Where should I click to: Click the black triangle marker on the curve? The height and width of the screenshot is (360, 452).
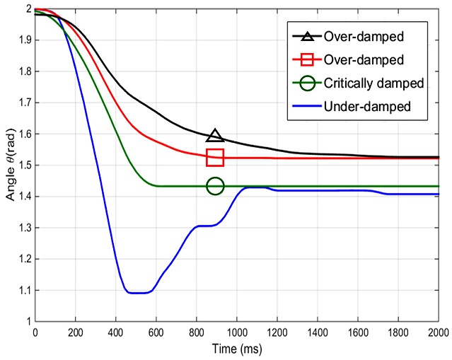216,136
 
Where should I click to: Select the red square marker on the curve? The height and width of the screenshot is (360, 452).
215,157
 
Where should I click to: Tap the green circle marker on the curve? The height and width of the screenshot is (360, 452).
215,186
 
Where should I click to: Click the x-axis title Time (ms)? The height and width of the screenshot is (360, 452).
236,349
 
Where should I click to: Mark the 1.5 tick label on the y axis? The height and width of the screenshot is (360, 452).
21,166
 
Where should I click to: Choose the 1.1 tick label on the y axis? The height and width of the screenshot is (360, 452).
21,290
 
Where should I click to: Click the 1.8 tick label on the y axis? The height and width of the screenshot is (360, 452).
21,72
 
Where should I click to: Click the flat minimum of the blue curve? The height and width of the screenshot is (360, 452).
139,293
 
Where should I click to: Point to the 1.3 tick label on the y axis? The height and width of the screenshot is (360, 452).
21,228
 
